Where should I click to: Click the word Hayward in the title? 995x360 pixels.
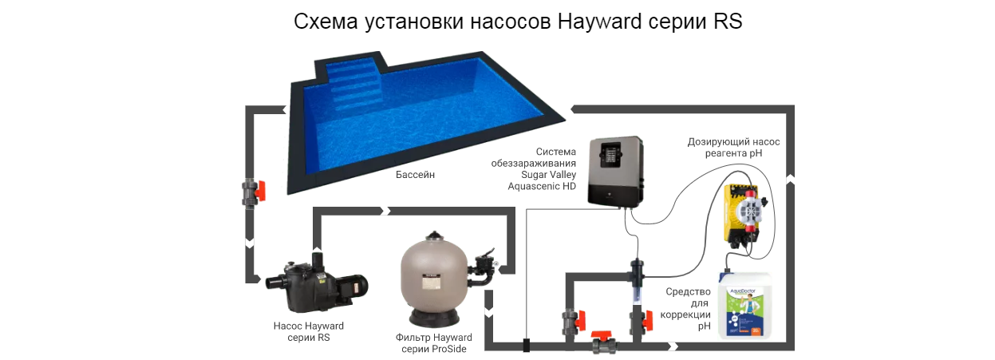point(600,22)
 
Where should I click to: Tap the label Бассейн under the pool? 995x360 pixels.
point(415,175)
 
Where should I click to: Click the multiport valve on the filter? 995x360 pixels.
point(484,268)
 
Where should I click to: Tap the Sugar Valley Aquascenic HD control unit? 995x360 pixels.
point(616,172)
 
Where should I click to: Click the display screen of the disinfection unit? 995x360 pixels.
point(610,155)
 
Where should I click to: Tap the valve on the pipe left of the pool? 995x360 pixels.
point(253,192)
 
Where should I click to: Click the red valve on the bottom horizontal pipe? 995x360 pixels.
point(603,342)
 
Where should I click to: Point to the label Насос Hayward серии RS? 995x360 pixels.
point(308,331)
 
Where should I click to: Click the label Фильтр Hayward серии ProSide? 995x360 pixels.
point(433,343)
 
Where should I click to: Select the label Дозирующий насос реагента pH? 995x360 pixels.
point(733,147)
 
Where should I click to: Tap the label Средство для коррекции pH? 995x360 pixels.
point(685,309)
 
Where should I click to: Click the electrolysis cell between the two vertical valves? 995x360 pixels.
point(638,281)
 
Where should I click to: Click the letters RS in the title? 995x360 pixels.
point(728,22)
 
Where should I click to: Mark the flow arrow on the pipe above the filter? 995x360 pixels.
point(385,211)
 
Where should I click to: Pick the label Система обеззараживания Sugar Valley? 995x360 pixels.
point(534,163)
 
